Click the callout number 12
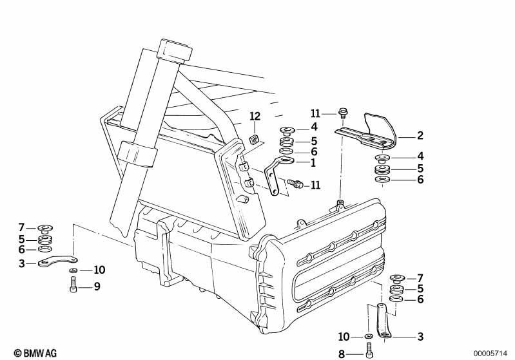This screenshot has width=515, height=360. coord(255,116)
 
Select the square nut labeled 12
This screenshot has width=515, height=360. coord(254,140)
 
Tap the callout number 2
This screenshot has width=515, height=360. coord(420,135)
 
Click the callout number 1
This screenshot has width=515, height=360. coord(313,162)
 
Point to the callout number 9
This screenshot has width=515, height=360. coord(97,287)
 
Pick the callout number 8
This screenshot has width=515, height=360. coord(342,354)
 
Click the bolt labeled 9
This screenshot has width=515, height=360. coord(73,285)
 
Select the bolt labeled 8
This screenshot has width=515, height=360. coord(369,350)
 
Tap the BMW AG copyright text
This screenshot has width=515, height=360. coord(35,353)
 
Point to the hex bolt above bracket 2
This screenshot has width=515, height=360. coord(342,113)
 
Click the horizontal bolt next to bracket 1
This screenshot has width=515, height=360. coord(295,184)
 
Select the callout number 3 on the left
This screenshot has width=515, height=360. coord(22,263)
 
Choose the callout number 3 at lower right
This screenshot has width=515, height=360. coord(420,336)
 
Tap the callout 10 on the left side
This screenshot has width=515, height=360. coord(99,270)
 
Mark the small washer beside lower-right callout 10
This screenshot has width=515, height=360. coord(368,336)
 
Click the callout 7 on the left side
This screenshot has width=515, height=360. coord(22,227)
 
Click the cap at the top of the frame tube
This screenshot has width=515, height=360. coord(175,52)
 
